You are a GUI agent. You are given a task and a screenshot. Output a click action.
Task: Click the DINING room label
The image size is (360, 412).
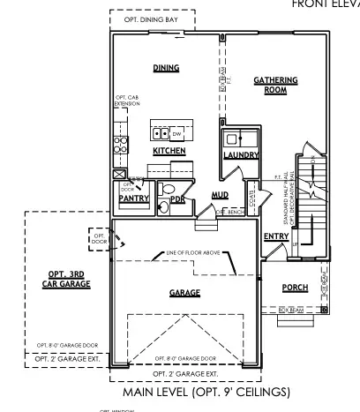point(168,67)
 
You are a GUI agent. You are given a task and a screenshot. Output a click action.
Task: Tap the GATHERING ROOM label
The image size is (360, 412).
point(275,85)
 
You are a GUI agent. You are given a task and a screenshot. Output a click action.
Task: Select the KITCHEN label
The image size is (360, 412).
point(169,151)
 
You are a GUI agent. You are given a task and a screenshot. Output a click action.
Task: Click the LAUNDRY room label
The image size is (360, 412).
point(241,155)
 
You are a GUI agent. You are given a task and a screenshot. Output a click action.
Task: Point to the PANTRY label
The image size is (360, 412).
point(132,199)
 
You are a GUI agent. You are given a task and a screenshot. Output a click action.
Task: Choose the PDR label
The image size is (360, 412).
point(177,199)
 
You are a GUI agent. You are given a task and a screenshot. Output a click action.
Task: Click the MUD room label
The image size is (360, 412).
point(220,195)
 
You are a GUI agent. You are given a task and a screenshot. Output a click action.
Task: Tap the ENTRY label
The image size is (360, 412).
point(276,236)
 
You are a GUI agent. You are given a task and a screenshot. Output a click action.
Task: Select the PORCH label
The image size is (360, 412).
point(295,288)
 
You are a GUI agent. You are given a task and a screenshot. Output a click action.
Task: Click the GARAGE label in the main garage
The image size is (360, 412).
point(184,292)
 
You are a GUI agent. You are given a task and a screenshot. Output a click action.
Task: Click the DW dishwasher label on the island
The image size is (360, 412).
point(176,133)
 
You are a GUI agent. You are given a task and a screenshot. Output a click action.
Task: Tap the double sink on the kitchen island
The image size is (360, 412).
point(161,133)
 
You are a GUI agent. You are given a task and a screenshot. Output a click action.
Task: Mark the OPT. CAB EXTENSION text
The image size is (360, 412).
point(126,101)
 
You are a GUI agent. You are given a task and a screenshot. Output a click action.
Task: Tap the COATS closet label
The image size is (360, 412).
point(251,200)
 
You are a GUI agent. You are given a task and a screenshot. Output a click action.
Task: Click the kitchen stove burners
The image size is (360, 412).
point(121,144)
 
